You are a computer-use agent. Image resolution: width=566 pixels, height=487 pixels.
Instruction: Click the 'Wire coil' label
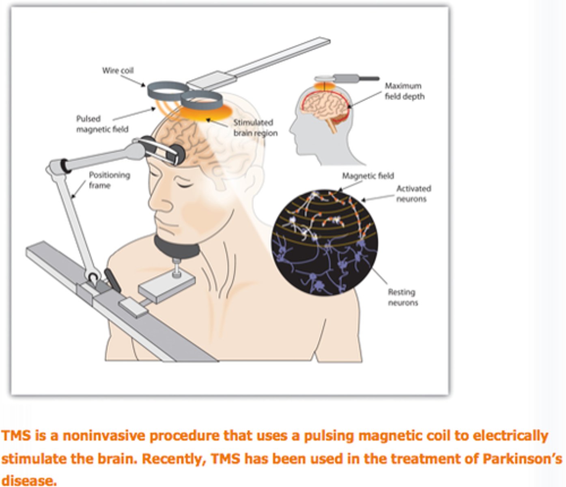click(x=118, y=71)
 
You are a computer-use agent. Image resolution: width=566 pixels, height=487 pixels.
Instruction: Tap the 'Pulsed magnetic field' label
click(x=102, y=124)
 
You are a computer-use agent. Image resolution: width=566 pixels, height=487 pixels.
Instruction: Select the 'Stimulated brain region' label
click(x=255, y=128)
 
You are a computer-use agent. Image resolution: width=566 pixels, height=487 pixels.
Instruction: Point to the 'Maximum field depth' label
click(x=404, y=91)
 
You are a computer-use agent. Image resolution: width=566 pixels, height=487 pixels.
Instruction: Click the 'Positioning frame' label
click(x=109, y=180)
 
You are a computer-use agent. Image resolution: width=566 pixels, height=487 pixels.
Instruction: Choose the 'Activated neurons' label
click(x=413, y=194)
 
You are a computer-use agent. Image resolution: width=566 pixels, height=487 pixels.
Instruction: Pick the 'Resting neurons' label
click(x=402, y=297)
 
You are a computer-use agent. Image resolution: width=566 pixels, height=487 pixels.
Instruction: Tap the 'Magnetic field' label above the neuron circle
click(x=368, y=176)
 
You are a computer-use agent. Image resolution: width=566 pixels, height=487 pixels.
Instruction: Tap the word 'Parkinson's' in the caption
click(x=522, y=459)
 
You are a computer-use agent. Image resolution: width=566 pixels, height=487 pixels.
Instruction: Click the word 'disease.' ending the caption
click(x=29, y=481)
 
